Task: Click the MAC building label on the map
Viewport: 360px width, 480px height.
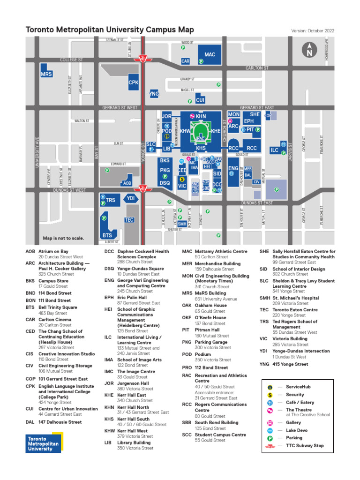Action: pyautogui.click(x=210, y=55)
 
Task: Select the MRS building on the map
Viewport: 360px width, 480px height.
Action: pyautogui.click(x=46, y=75)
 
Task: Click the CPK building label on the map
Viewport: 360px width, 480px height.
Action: pyautogui.click(x=134, y=82)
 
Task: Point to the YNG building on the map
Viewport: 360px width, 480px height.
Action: pyautogui.click(x=154, y=94)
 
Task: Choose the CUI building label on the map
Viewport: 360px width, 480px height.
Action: pyautogui.click(x=200, y=100)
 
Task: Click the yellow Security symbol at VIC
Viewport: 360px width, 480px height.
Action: pyautogui.click(x=182, y=179)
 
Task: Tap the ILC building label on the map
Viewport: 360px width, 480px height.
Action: pyautogui.click(x=275, y=150)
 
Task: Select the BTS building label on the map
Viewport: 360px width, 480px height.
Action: pyautogui.click(x=107, y=235)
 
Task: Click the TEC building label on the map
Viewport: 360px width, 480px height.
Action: pyautogui.click(x=129, y=220)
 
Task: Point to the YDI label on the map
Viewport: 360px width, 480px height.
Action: pyautogui.click(x=131, y=199)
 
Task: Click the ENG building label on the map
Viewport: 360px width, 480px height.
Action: pyautogui.click(x=233, y=168)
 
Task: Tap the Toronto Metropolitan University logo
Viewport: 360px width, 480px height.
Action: pyautogui.click(x=43, y=443)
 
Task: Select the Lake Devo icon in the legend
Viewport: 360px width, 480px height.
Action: pyautogui.click(x=270, y=430)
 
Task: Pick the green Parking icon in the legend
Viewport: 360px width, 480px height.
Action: pyautogui.click(x=270, y=438)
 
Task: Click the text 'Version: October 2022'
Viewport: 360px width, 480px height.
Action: pyautogui.click(x=313, y=31)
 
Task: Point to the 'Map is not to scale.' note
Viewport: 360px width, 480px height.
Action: pyautogui.click(x=63, y=238)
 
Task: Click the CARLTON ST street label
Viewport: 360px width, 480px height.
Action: pyautogui.click(x=257, y=68)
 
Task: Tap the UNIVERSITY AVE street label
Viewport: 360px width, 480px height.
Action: pyautogui.click(x=36, y=152)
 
